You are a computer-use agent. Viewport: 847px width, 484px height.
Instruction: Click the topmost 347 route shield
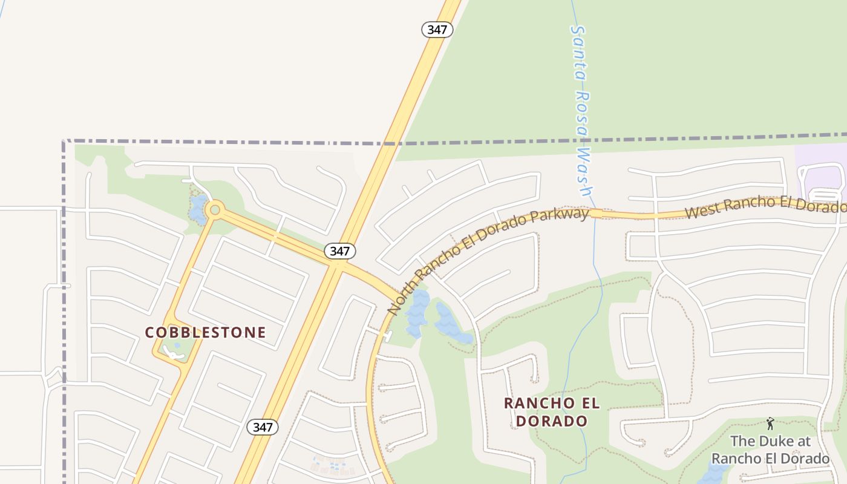point(437,29)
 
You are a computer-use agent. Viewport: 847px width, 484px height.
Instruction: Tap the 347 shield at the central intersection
point(340,250)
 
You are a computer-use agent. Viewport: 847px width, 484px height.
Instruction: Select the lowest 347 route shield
point(263,427)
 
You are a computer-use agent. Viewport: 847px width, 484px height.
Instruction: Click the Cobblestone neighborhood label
point(206,332)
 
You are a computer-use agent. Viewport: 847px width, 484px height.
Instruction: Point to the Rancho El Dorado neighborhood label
point(551,411)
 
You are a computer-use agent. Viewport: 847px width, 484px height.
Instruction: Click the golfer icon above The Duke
point(770,423)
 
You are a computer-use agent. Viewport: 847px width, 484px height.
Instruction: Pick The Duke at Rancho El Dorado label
point(770,450)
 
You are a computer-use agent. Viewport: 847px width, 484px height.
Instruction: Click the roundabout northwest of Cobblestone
point(214,211)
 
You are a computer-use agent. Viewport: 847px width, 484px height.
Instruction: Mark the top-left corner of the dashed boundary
point(64,142)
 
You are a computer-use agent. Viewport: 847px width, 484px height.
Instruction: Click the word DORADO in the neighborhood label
point(551,421)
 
